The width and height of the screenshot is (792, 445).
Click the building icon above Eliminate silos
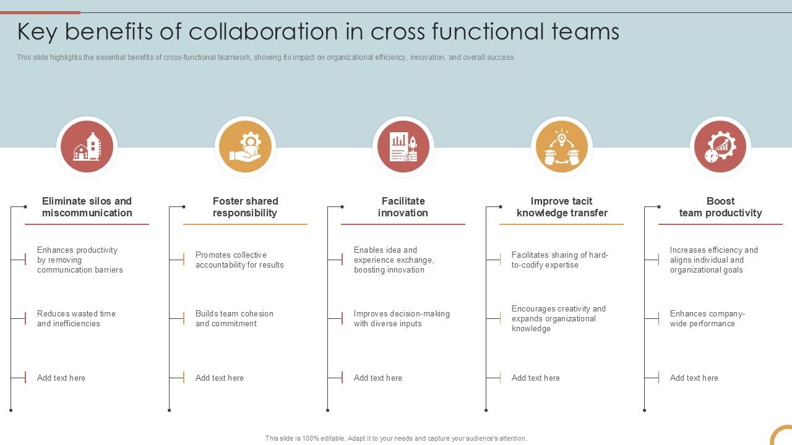(87, 147)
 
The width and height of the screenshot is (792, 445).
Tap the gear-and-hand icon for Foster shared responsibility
(245, 147)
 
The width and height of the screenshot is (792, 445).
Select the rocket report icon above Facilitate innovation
(403, 147)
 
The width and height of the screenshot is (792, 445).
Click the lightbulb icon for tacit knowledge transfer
(562, 147)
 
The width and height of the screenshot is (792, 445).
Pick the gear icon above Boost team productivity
(720, 147)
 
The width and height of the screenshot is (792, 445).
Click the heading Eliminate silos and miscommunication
(87, 207)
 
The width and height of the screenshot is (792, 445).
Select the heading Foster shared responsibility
(245, 207)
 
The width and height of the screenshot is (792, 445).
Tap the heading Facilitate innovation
(403, 207)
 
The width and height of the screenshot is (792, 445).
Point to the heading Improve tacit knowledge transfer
(562, 207)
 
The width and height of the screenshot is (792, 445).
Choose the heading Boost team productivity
(720, 207)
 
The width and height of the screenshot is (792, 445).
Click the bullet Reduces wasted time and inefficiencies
(76, 318)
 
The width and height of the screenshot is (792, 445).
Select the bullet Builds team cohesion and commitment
(234, 318)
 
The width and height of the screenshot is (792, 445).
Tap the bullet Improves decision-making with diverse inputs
(402, 318)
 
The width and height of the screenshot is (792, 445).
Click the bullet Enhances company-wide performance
(707, 318)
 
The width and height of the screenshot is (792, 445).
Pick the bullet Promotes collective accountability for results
(239, 260)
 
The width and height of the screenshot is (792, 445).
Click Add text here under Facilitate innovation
(377, 378)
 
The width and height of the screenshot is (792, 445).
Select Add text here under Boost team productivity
(694, 378)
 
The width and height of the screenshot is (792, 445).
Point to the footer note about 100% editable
(396, 438)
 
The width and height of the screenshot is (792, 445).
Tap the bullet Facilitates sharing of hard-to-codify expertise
(559, 260)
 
